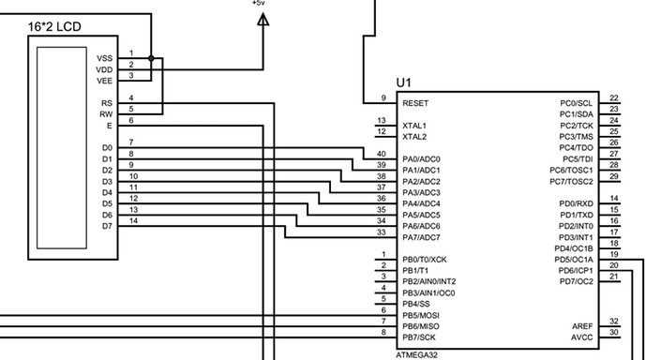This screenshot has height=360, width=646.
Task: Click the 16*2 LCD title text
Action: coord(54,27)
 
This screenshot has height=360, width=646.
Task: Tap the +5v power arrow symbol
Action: coord(263,20)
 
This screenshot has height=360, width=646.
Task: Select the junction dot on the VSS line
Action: coord(151,58)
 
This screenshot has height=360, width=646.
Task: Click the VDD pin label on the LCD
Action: coord(104,69)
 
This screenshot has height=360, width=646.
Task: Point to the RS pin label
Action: coord(107,103)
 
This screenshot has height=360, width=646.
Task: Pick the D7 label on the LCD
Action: coord(107,226)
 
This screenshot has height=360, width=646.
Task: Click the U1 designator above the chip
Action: coord(404,82)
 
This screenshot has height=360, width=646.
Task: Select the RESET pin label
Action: coord(415,103)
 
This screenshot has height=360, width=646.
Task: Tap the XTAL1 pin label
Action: coord(414,126)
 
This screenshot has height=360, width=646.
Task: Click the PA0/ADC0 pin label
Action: coord(422,159)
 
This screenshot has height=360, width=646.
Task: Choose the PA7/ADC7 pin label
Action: coord(422,237)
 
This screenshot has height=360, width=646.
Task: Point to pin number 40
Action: coord(382,154)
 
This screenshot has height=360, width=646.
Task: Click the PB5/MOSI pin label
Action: coord(421,316)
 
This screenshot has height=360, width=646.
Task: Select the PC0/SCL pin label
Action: coord(577,103)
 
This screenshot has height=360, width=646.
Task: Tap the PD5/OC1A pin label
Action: coord(574,260)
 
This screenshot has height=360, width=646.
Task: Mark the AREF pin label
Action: coord(582,326)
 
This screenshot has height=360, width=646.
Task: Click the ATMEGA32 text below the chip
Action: coord(417,355)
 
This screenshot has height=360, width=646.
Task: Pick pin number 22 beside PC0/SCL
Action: coord(614,98)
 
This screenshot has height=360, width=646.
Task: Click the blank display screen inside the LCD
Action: coord(62,148)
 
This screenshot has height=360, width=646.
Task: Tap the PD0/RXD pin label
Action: coord(577,203)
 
